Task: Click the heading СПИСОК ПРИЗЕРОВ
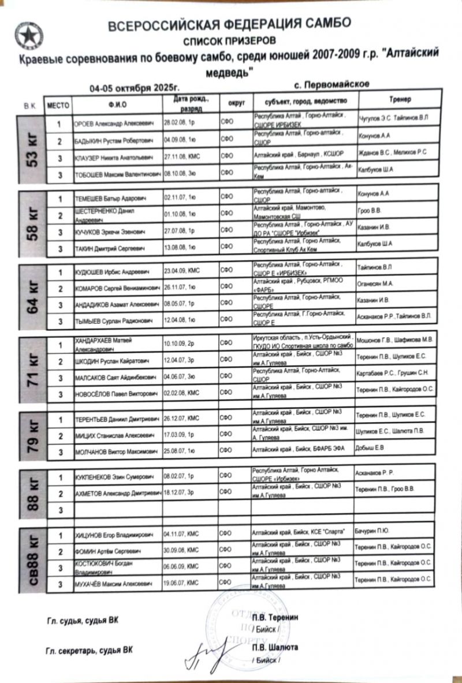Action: pos(229,40)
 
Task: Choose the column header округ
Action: pos(236,103)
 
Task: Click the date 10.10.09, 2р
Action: pos(180,344)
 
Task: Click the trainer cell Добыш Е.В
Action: pos(369,447)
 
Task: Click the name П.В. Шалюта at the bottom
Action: pos(274,648)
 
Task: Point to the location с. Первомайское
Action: pos(331,85)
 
